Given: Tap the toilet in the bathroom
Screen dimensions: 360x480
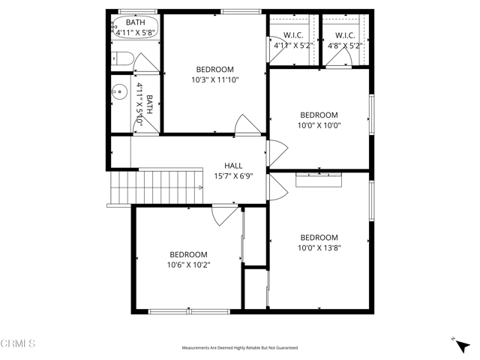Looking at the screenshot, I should [124, 58].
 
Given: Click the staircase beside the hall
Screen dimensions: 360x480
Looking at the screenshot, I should [157, 185].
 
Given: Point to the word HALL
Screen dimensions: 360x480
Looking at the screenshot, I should [233, 166].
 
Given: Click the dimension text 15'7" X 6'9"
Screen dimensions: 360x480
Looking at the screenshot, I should [233, 176].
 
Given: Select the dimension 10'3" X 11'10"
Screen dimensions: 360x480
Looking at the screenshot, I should [214, 79].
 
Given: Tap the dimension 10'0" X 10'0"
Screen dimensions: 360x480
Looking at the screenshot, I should [319, 125].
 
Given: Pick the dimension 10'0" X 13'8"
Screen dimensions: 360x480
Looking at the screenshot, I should [319, 247].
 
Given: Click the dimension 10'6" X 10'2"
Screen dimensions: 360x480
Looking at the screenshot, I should [187, 264].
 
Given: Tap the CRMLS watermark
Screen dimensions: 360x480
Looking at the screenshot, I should [18, 344].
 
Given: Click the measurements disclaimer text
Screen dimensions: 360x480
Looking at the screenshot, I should [240, 348].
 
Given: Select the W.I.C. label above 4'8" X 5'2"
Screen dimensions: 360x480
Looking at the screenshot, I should [345, 35].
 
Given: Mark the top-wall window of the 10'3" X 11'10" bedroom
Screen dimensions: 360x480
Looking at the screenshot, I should [241, 11].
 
